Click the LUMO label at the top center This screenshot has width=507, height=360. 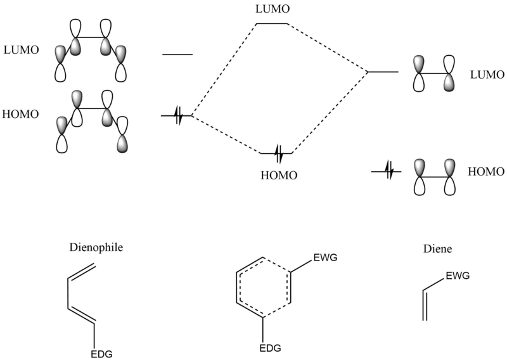[273, 9]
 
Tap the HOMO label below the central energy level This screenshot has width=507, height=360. [279, 176]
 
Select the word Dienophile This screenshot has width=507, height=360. [96, 247]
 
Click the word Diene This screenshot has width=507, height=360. [437, 248]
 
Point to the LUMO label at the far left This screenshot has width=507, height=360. [22, 50]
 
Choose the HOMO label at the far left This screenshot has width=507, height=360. [20, 114]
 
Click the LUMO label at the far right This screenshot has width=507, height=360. [487, 75]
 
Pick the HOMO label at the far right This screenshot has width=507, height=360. [486, 171]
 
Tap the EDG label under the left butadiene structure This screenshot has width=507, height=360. [101, 354]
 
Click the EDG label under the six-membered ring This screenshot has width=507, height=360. [271, 348]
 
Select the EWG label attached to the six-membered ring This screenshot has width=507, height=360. [325, 257]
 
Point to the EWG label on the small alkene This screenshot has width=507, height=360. [458, 276]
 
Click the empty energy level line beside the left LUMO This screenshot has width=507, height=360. [177, 55]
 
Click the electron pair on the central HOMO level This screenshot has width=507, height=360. [279, 153]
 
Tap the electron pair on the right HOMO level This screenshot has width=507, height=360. [390, 171]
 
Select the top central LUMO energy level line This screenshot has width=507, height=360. [272, 23]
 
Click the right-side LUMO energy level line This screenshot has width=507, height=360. [383, 72]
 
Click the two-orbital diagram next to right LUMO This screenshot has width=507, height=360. [434, 74]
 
